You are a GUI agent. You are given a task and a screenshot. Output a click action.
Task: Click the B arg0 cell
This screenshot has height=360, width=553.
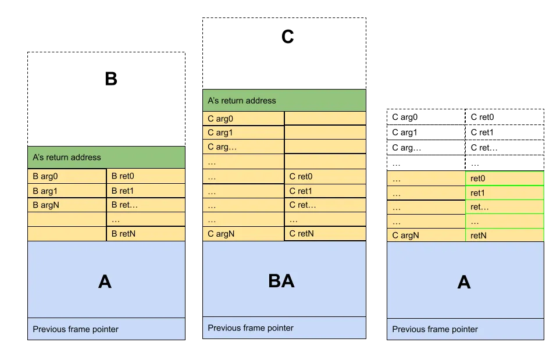point(67,176)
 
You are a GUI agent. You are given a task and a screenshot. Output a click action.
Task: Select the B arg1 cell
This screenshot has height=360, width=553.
point(67,191)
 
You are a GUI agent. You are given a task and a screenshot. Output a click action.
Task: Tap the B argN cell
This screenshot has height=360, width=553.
point(67,205)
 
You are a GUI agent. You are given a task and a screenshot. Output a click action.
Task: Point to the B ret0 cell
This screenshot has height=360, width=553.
point(146,176)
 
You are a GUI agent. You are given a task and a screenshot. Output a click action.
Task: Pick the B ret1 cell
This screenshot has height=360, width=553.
point(146,191)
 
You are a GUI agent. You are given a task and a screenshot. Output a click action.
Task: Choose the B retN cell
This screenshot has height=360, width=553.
point(146,234)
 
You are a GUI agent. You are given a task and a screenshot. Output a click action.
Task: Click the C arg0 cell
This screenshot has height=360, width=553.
point(243,119)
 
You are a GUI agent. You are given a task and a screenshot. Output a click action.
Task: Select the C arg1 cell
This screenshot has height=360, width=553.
point(243,133)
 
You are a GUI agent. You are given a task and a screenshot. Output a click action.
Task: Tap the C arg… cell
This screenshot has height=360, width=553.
point(243,147)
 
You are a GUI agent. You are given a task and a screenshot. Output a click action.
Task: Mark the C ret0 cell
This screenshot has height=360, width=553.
point(326,176)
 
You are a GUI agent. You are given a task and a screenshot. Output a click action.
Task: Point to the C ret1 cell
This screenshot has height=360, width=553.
point(326,191)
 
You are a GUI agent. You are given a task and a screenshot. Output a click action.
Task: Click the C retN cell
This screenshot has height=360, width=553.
point(326,234)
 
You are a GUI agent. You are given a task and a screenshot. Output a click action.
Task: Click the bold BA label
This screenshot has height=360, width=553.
point(281,281)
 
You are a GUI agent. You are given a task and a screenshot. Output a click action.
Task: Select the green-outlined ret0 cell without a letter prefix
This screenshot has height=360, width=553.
point(505,179)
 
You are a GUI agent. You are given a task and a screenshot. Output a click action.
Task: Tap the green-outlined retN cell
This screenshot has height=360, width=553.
point(505,236)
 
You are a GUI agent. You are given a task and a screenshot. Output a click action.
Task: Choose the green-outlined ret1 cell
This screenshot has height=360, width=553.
point(505,193)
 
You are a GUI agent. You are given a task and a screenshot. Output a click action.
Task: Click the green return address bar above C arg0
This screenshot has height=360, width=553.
point(284,101)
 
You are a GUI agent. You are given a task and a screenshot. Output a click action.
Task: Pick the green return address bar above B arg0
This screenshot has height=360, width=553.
point(106,157)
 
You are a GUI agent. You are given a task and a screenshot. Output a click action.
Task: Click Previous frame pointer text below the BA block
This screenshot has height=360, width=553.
point(251,328)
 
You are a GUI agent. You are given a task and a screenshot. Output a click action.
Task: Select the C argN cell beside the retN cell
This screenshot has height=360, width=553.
point(426,236)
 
